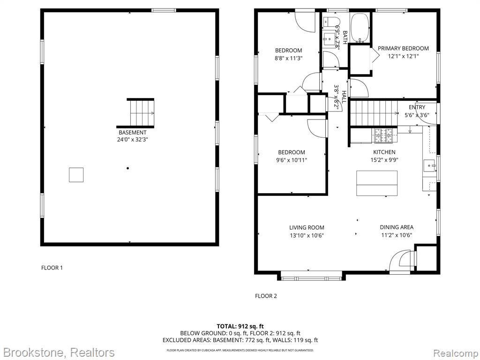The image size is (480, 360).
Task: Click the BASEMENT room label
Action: tap(133, 133)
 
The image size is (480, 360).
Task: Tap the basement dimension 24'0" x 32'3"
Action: tap(133, 140)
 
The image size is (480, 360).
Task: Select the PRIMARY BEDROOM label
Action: tap(403, 48)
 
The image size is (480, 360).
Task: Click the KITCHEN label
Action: tap(384, 152)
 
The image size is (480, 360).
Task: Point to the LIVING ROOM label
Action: tap(307, 227)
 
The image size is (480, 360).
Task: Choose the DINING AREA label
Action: tap(397, 227)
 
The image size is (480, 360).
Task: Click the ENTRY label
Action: tap(417, 107)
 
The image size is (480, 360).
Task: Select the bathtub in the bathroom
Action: tap(360, 27)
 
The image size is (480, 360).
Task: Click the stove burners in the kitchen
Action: tap(383, 135)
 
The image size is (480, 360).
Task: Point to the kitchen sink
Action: tap(429, 165)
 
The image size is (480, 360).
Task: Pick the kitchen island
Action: tap(377, 183)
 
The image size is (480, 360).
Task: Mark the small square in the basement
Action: tap(76, 175)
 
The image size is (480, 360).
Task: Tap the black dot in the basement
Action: tap(127, 168)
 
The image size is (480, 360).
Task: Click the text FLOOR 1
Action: tap(52, 268)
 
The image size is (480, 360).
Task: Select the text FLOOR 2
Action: tap(266, 296)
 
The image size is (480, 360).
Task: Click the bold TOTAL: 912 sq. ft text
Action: tap(240, 326)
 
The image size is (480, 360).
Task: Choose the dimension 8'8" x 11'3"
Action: tap(289, 58)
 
